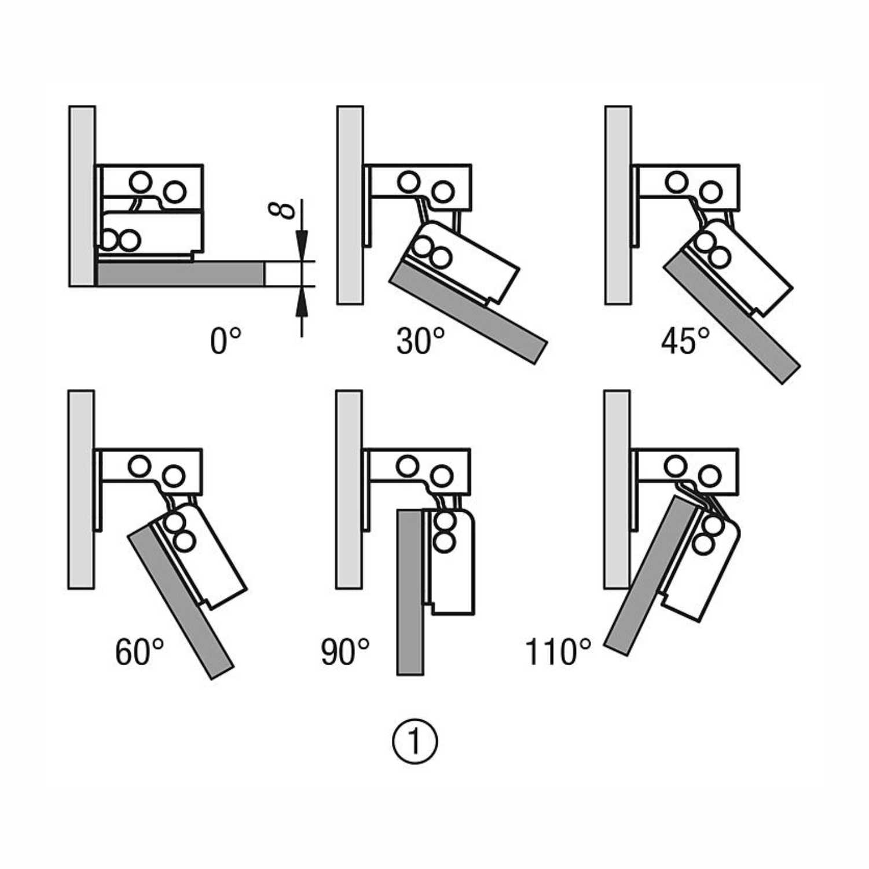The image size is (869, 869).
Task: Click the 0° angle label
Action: click(225, 340)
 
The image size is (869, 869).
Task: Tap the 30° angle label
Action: click(420, 340)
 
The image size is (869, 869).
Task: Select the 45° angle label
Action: click(685, 340)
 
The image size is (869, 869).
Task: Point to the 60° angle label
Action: click(139, 652)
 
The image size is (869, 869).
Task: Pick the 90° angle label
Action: click(345, 652)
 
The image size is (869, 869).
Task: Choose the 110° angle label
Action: click(558, 652)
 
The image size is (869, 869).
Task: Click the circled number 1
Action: click(415, 741)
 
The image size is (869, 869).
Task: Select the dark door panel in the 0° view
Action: click(179, 274)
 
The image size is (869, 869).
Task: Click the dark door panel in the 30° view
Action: click(469, 313)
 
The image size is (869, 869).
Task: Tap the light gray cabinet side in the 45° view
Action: click(618, 206)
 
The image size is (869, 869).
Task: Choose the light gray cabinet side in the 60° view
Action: click(81, 489)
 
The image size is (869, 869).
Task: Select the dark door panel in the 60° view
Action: click(179, 602)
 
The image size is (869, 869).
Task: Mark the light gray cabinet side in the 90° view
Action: click(349, 489)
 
